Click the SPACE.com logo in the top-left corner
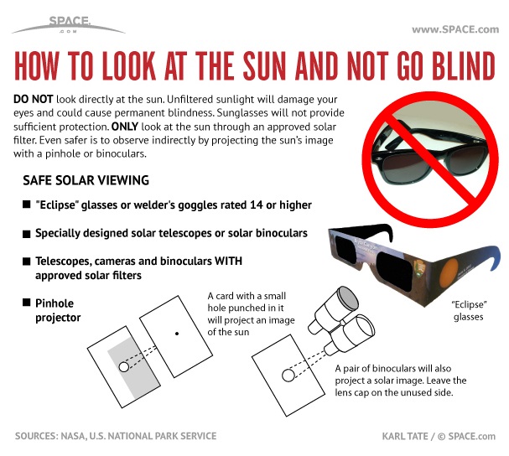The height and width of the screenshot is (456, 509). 69,24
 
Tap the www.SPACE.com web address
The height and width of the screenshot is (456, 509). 455,29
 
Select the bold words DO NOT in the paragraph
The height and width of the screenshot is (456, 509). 33,99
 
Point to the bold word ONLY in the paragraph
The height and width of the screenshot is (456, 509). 125,127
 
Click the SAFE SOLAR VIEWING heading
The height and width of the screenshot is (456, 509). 86,180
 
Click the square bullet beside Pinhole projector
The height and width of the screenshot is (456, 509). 26,303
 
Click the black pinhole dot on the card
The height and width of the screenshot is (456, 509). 177,334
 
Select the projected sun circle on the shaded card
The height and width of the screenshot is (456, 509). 123,367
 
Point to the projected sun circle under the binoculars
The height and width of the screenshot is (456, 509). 288,376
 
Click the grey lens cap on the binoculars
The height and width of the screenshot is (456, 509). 348,298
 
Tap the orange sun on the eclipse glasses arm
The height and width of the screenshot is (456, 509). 450,272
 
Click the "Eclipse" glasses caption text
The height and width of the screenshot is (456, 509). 469,311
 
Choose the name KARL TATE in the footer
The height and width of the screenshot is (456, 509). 405,436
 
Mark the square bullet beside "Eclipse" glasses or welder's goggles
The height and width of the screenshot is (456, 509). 26,205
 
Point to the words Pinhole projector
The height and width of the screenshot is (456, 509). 58,310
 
